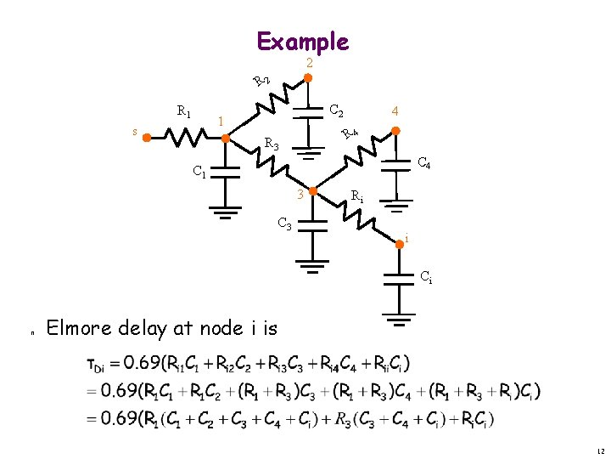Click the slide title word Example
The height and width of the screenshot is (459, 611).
302,41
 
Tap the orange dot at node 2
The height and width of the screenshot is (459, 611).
309,77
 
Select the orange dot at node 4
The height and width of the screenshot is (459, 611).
394,129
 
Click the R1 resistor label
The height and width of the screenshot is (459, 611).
183,111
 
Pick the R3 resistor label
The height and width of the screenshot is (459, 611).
272,144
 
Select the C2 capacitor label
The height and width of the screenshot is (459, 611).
336,110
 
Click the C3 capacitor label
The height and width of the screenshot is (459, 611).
286,224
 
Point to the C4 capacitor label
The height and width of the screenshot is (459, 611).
424,163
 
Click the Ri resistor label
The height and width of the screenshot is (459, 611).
357,197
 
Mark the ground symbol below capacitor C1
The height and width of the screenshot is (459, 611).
226,212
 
